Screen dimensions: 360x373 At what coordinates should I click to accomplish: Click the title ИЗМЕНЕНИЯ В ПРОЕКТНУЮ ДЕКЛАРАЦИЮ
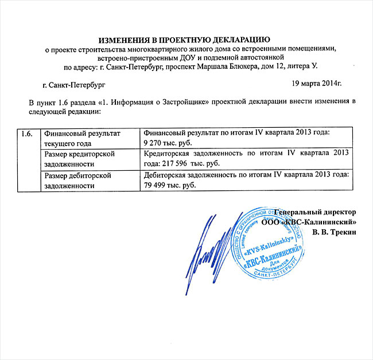point(184,40)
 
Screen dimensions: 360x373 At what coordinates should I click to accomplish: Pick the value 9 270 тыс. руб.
point(169,142)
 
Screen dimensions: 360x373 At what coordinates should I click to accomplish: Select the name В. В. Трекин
point(335,232)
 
